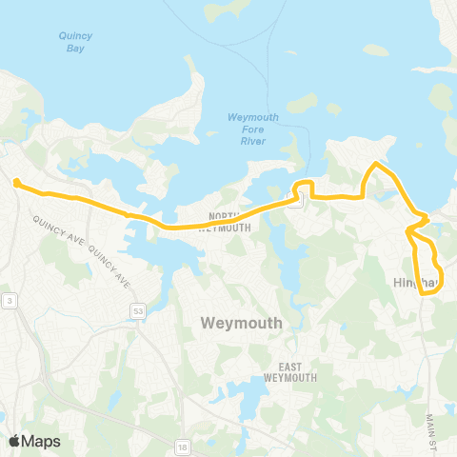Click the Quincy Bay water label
[x=74, y=41]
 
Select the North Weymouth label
[x=228, y=221]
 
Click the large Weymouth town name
[x=242, y=323]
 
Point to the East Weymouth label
[x=297, y=372]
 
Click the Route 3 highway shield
[x=9, y=301]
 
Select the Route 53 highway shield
[x=138, y=310]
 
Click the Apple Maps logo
[x=34, y=441]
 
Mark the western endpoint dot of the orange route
[x=17, y=181]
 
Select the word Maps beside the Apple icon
[x=41, y=441]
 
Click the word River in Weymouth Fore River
[x=253, y=141]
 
